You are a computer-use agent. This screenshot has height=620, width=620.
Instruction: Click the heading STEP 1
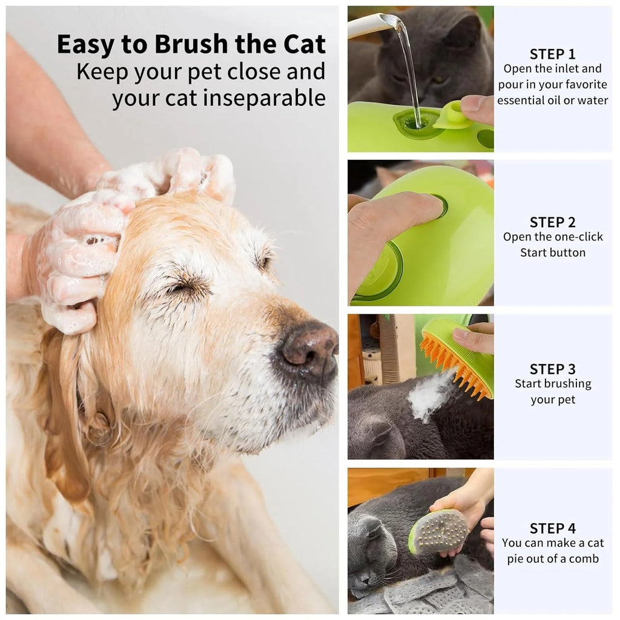coord(552,54)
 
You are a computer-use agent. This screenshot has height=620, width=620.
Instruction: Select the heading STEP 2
coord(552,222)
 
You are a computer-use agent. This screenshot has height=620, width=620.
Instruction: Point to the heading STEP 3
coord(552,369)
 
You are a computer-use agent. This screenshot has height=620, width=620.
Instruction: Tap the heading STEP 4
coord(552,528)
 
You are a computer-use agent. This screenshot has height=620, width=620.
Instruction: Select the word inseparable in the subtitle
coord(264,97)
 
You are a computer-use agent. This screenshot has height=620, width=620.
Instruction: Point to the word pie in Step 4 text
coord(518,558)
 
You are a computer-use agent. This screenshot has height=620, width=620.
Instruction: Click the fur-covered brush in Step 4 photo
coord(438,531)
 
